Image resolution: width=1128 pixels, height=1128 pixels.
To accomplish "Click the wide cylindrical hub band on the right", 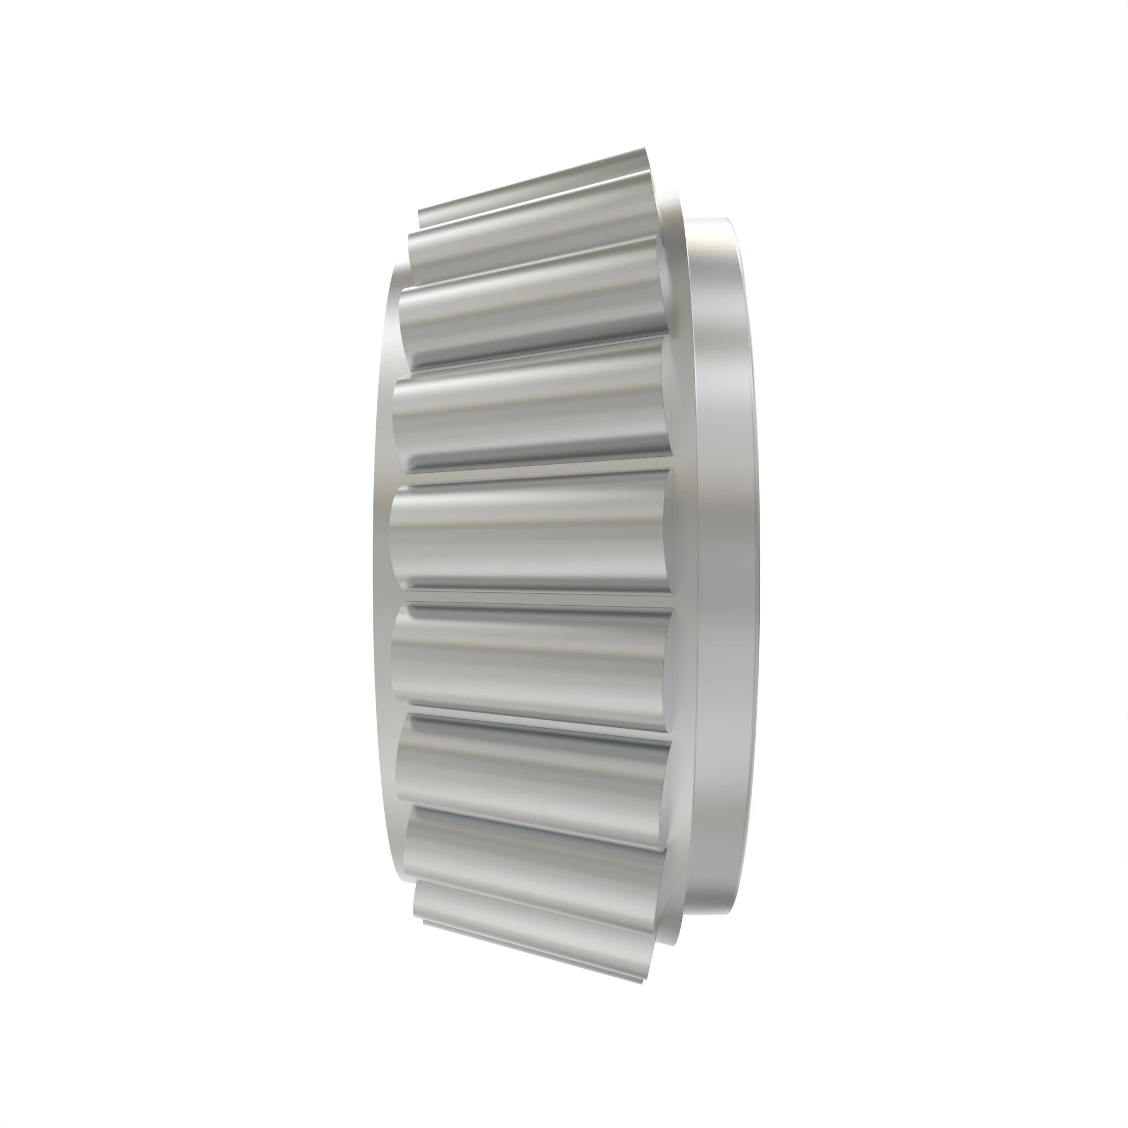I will [x=724, y=561].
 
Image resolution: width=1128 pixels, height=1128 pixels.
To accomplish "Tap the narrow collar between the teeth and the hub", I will [x=689, y=561].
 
